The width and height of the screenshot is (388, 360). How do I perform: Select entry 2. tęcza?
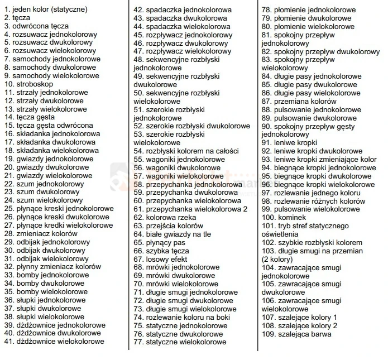[x=17, y=18]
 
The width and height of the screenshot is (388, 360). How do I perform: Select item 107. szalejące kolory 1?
[x=299, y=317]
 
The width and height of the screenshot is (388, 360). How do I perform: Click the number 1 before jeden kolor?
[x=6, y=9]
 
